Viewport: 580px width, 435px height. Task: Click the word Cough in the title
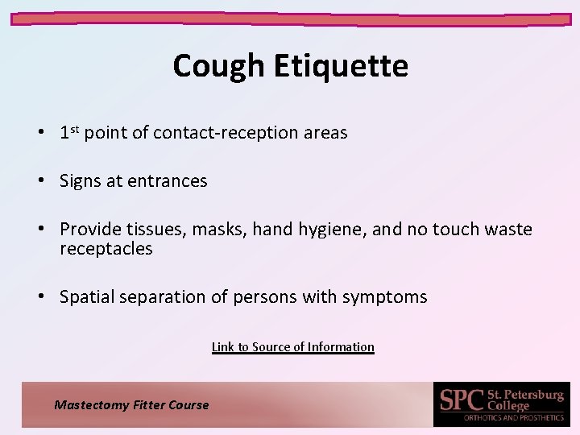pyautogui.click(x=217, y=66)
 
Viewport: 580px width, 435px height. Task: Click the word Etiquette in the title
pyautogui.click(x=341, y=66)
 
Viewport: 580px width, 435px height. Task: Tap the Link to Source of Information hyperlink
pyautogui.click(x=292, y=347)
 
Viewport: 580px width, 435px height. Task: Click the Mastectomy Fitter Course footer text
pyautogui.click(x=131, y=405)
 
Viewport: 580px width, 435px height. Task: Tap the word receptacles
pyautogui.click(x=106, y=249)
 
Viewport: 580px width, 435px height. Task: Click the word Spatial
pyautogui.click(x=87, y=297)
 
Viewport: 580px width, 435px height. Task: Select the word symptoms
pyautogui.click(x=384, y=297)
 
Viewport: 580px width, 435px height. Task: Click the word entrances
pyautogui.click(x=168, y=181)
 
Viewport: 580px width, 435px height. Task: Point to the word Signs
pyautogui.click(x=81, y=181)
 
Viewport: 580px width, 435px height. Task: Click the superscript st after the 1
pyautogui.click(x=74, y=129)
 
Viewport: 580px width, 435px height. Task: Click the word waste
pyautogui.click(x=508, y=230)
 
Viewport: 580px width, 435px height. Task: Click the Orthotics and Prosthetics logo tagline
pyautogui.click(x=513, y=417)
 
